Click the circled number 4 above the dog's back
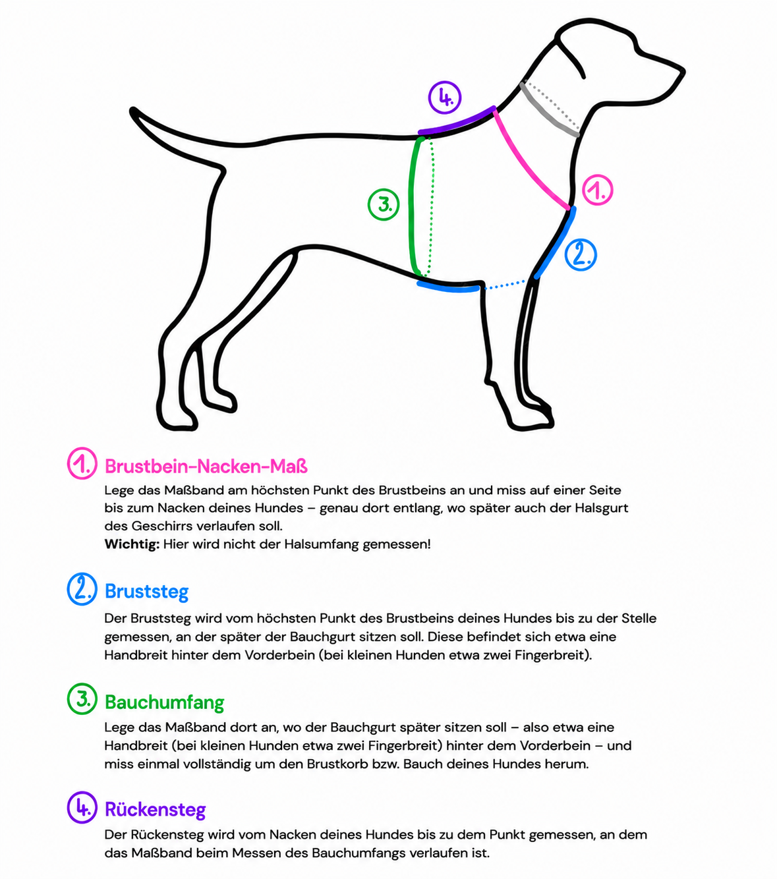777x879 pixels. (x=444, y=98)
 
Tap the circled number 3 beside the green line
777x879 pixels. (x=384, y=204)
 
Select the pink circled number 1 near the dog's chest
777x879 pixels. (x=597, y=190)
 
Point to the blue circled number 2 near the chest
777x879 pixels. (x=581, y=255)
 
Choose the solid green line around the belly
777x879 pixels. (x=413, y=206)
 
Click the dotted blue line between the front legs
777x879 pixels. (x=505, y=285)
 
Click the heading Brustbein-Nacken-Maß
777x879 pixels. (x=206, y=467)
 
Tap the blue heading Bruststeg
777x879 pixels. (x=147, y=591)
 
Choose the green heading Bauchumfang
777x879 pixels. (x=165, y=702)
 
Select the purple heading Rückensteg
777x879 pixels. (x=156, y=809)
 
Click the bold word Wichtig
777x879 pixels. (x=132, y=544)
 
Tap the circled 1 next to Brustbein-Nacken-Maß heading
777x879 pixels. (x=82, y=463)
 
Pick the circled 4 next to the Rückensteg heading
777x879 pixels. (x=82, y=807)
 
